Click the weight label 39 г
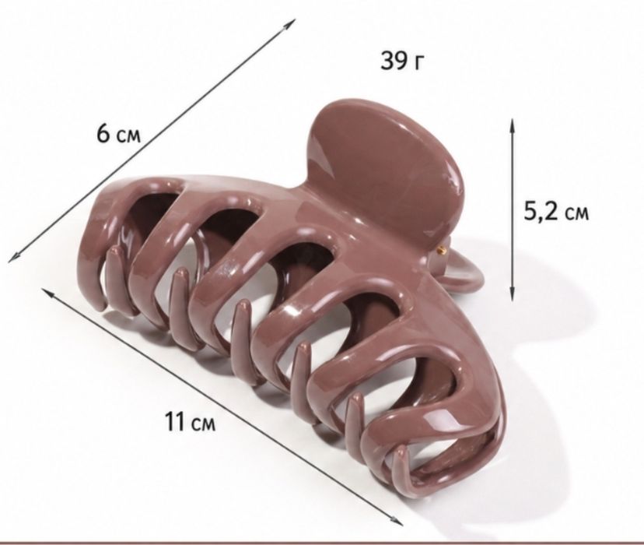pos(401,62)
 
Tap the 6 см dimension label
pos(119,134)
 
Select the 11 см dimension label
pos(190,422)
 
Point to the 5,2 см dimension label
pos(556,213)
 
